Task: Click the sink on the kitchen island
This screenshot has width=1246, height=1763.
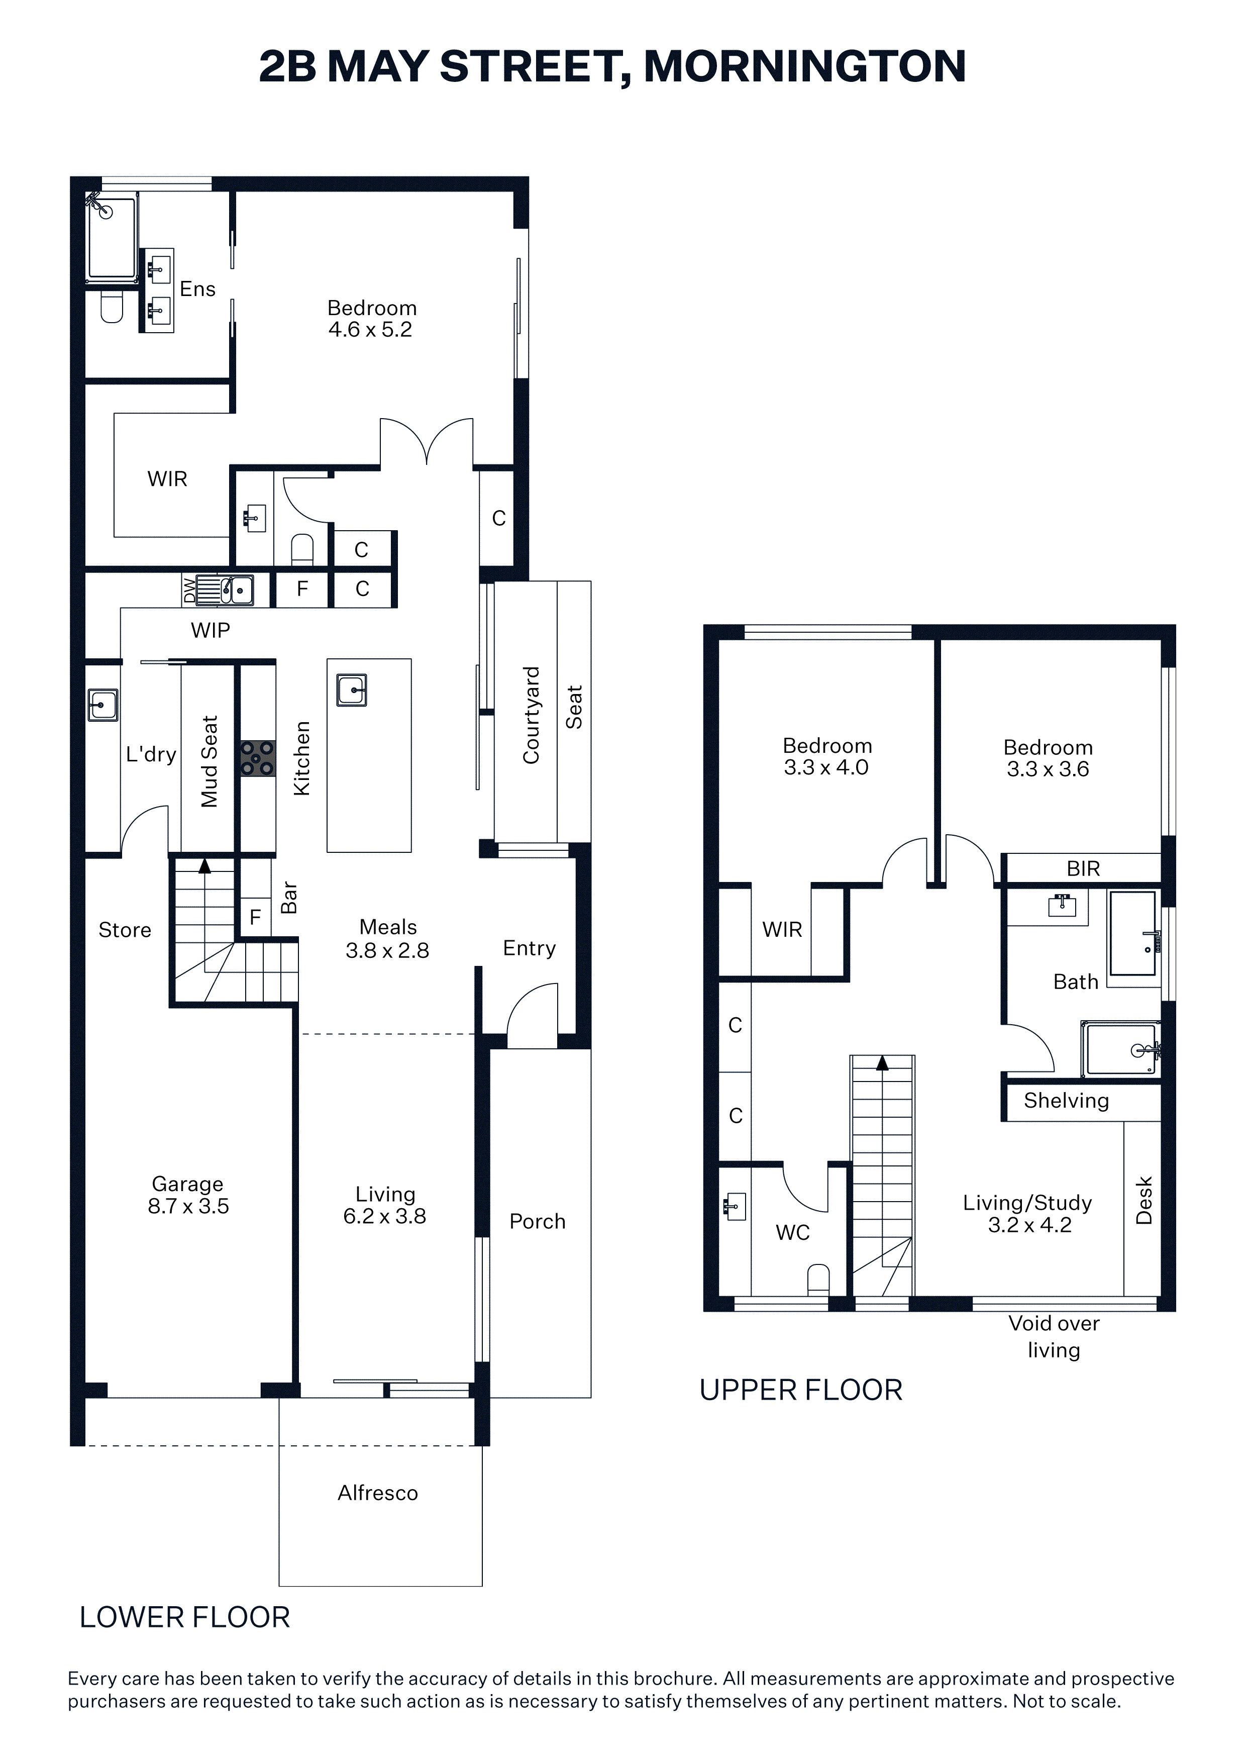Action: click(352, 690)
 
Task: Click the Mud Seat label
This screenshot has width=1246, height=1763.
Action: click(210, 762)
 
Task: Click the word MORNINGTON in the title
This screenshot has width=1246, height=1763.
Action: click(804, 67)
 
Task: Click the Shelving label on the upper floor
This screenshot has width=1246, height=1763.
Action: click(1066, 1101)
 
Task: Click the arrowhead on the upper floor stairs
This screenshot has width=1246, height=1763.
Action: click(882, 1063)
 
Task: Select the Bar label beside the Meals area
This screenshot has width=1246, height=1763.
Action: click(289, 897)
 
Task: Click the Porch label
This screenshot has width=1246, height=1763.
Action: click(538, 1222)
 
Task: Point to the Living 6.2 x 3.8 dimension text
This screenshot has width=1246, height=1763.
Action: click(385, 1205)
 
